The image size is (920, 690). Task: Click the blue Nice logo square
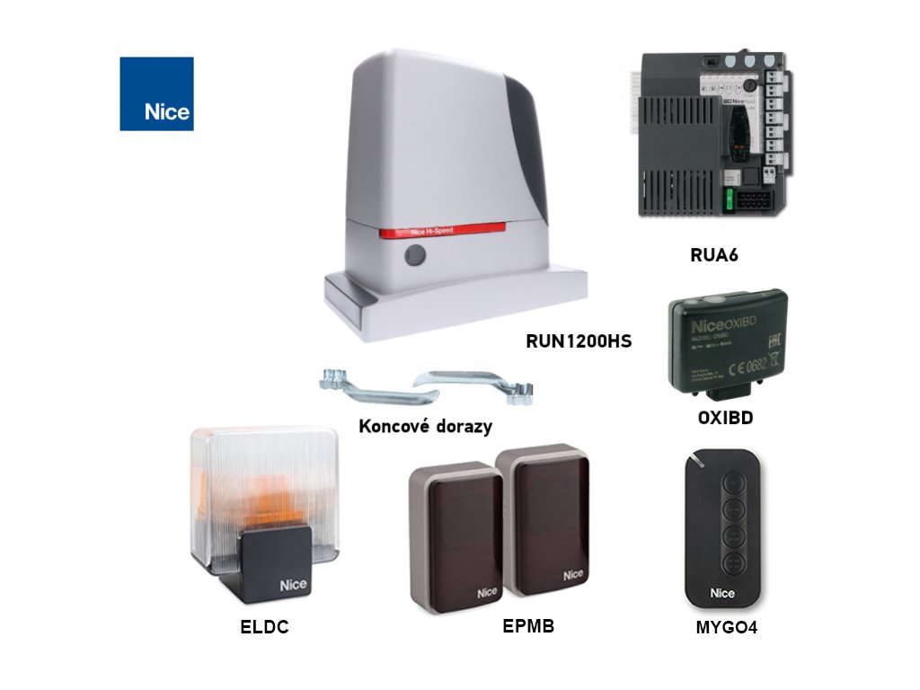pos(156,93)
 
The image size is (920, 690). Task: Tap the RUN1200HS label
pos(579,341)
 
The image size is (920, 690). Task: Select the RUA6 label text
pos(713,255)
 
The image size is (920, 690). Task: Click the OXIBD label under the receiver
pos(725,418)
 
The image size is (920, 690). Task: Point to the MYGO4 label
pos(726,628)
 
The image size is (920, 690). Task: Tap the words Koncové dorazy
pos(425,426)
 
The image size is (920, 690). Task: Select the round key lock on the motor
pos(414,257)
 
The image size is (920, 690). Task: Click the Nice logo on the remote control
pos(722,593)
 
